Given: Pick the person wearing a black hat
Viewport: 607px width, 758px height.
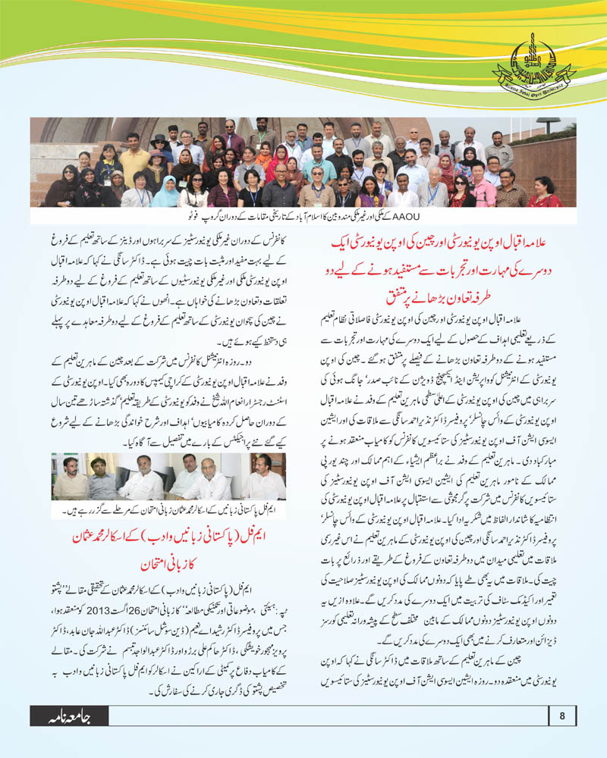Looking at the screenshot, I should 161,149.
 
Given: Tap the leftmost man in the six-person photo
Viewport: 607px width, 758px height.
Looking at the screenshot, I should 71,478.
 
